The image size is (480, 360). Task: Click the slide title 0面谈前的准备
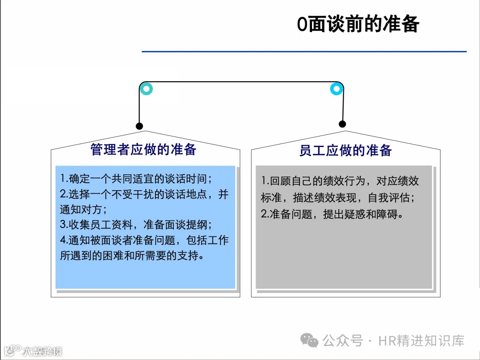click(358, 24)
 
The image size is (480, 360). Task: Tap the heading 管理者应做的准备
click(143, 149)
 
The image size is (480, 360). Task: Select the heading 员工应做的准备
click(345, 150)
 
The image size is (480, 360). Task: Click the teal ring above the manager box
click(146, 89)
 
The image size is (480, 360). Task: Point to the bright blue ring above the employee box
click(336, 89)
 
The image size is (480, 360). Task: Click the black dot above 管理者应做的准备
click(140, 126)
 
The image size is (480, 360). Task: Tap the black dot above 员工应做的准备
click(342, 124)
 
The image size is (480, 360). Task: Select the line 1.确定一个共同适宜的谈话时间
click(136, 179)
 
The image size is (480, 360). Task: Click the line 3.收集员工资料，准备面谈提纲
click(136, 224)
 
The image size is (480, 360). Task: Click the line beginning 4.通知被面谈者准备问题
click(144, 240)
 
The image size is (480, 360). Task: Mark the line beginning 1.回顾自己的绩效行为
click(340, 181)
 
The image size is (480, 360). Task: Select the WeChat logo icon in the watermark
click(309, 341)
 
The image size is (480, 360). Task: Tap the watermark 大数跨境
click(43, 351)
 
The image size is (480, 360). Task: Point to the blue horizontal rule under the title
click(304, 52)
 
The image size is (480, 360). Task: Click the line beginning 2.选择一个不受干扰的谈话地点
click(144, 194)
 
